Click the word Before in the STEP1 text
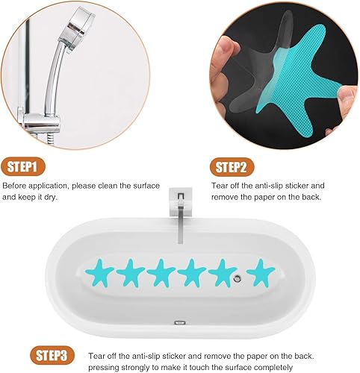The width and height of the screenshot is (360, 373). [17, 185]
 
